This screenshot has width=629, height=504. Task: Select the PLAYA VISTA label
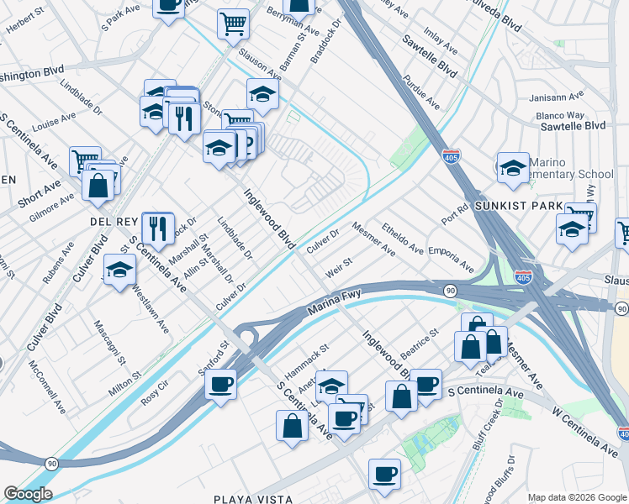(253, 499)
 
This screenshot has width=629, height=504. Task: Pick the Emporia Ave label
(451, 258)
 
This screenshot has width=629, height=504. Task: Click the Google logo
(28, 494)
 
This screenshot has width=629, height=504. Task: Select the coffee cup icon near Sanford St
(221, 385)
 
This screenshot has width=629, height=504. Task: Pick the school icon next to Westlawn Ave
(120, 270)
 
